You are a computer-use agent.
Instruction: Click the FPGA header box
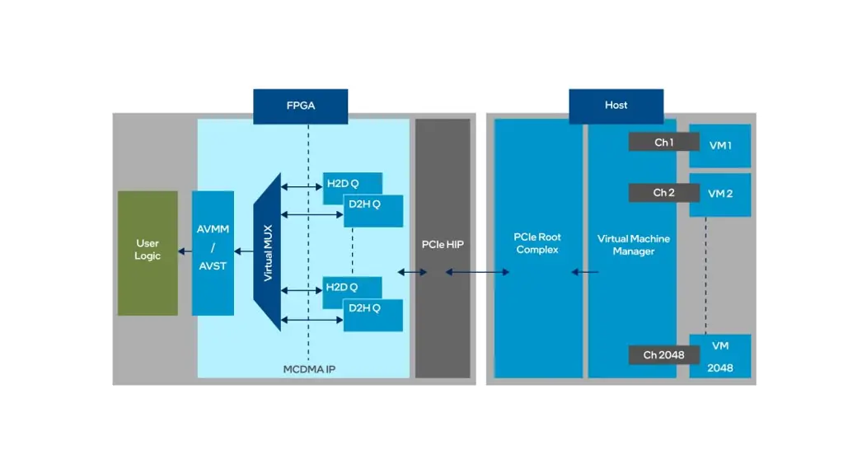[300, 106]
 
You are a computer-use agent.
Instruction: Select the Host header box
[616, 106]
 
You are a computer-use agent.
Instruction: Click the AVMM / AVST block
[213, 252]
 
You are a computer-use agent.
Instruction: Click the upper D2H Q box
[373, 211]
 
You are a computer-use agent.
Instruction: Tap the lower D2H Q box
[373, 315]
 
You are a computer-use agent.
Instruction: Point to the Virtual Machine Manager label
[633, 245]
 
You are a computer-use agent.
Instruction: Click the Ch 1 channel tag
[663, 143]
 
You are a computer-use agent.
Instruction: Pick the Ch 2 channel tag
[663, 193]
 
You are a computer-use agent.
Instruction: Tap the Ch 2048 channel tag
[663, 355]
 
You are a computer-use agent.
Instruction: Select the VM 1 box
[720, 145]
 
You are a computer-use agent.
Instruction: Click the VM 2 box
[720, 195]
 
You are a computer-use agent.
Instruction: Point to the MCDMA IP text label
[309, 369]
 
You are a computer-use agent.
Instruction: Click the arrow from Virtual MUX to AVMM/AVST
[244, 251]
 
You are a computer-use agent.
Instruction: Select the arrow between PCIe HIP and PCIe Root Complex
[478, 272]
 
